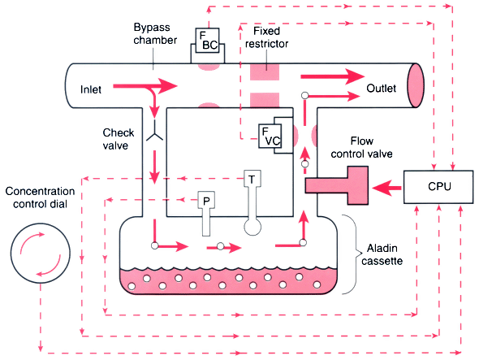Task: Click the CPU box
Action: click(438, 187)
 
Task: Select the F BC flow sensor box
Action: click(207, 41)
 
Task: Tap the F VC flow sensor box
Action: click(270, 137)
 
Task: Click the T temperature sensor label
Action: click(252, 179)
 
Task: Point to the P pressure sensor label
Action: click(206, 200)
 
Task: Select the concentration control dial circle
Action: click(41, 253)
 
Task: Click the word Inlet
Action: click(91, 89)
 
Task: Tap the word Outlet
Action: click(381, 89)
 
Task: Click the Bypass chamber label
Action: click(155, 33)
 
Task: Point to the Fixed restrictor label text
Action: click(266, 37)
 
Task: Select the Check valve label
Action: click(119, 139)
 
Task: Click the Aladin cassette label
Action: click(382, 254)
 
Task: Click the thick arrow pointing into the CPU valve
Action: click(386, 188)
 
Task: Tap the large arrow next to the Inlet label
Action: click(145, 86)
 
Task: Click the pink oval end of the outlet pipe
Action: click(416, 85)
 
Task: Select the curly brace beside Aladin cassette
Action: click(352, 254)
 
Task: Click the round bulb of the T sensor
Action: click(252, 227)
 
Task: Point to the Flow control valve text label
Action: click(362, 147)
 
